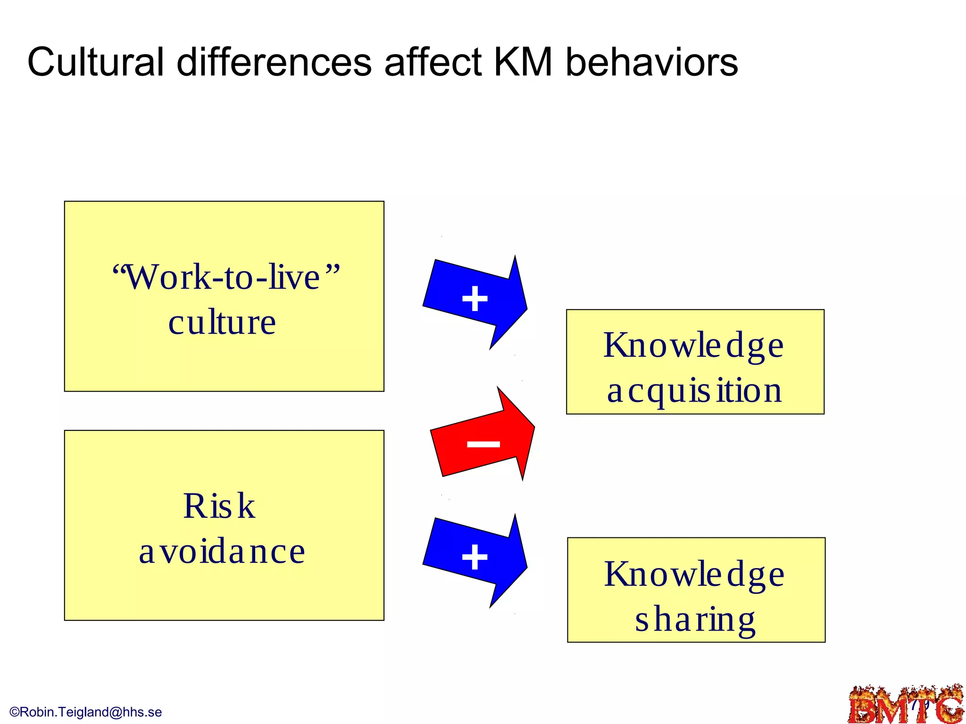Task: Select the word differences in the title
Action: click(274, 62)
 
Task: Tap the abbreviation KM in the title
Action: click(523, 62)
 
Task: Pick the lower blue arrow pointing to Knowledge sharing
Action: click(476, 559)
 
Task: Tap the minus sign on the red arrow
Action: click(483, 444)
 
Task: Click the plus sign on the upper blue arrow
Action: click(475, 299)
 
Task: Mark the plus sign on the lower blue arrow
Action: click(475, 557)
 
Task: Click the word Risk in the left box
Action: click(219, 506)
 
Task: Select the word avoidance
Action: click(222, 551)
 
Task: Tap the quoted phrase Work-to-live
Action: click(225, 277)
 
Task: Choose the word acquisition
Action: click(694, 391)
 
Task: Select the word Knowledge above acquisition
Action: click(693, 346)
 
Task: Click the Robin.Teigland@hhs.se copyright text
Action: click(86, 712)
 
